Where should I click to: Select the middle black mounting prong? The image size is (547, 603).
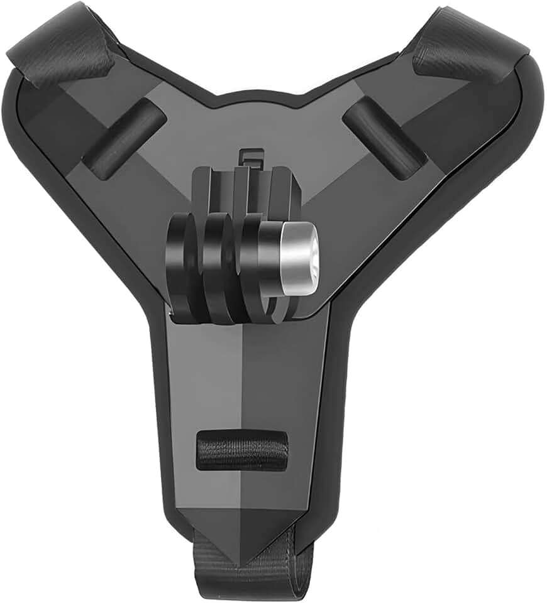(218, 267)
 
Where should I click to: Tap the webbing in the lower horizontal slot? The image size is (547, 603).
(242, 450)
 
